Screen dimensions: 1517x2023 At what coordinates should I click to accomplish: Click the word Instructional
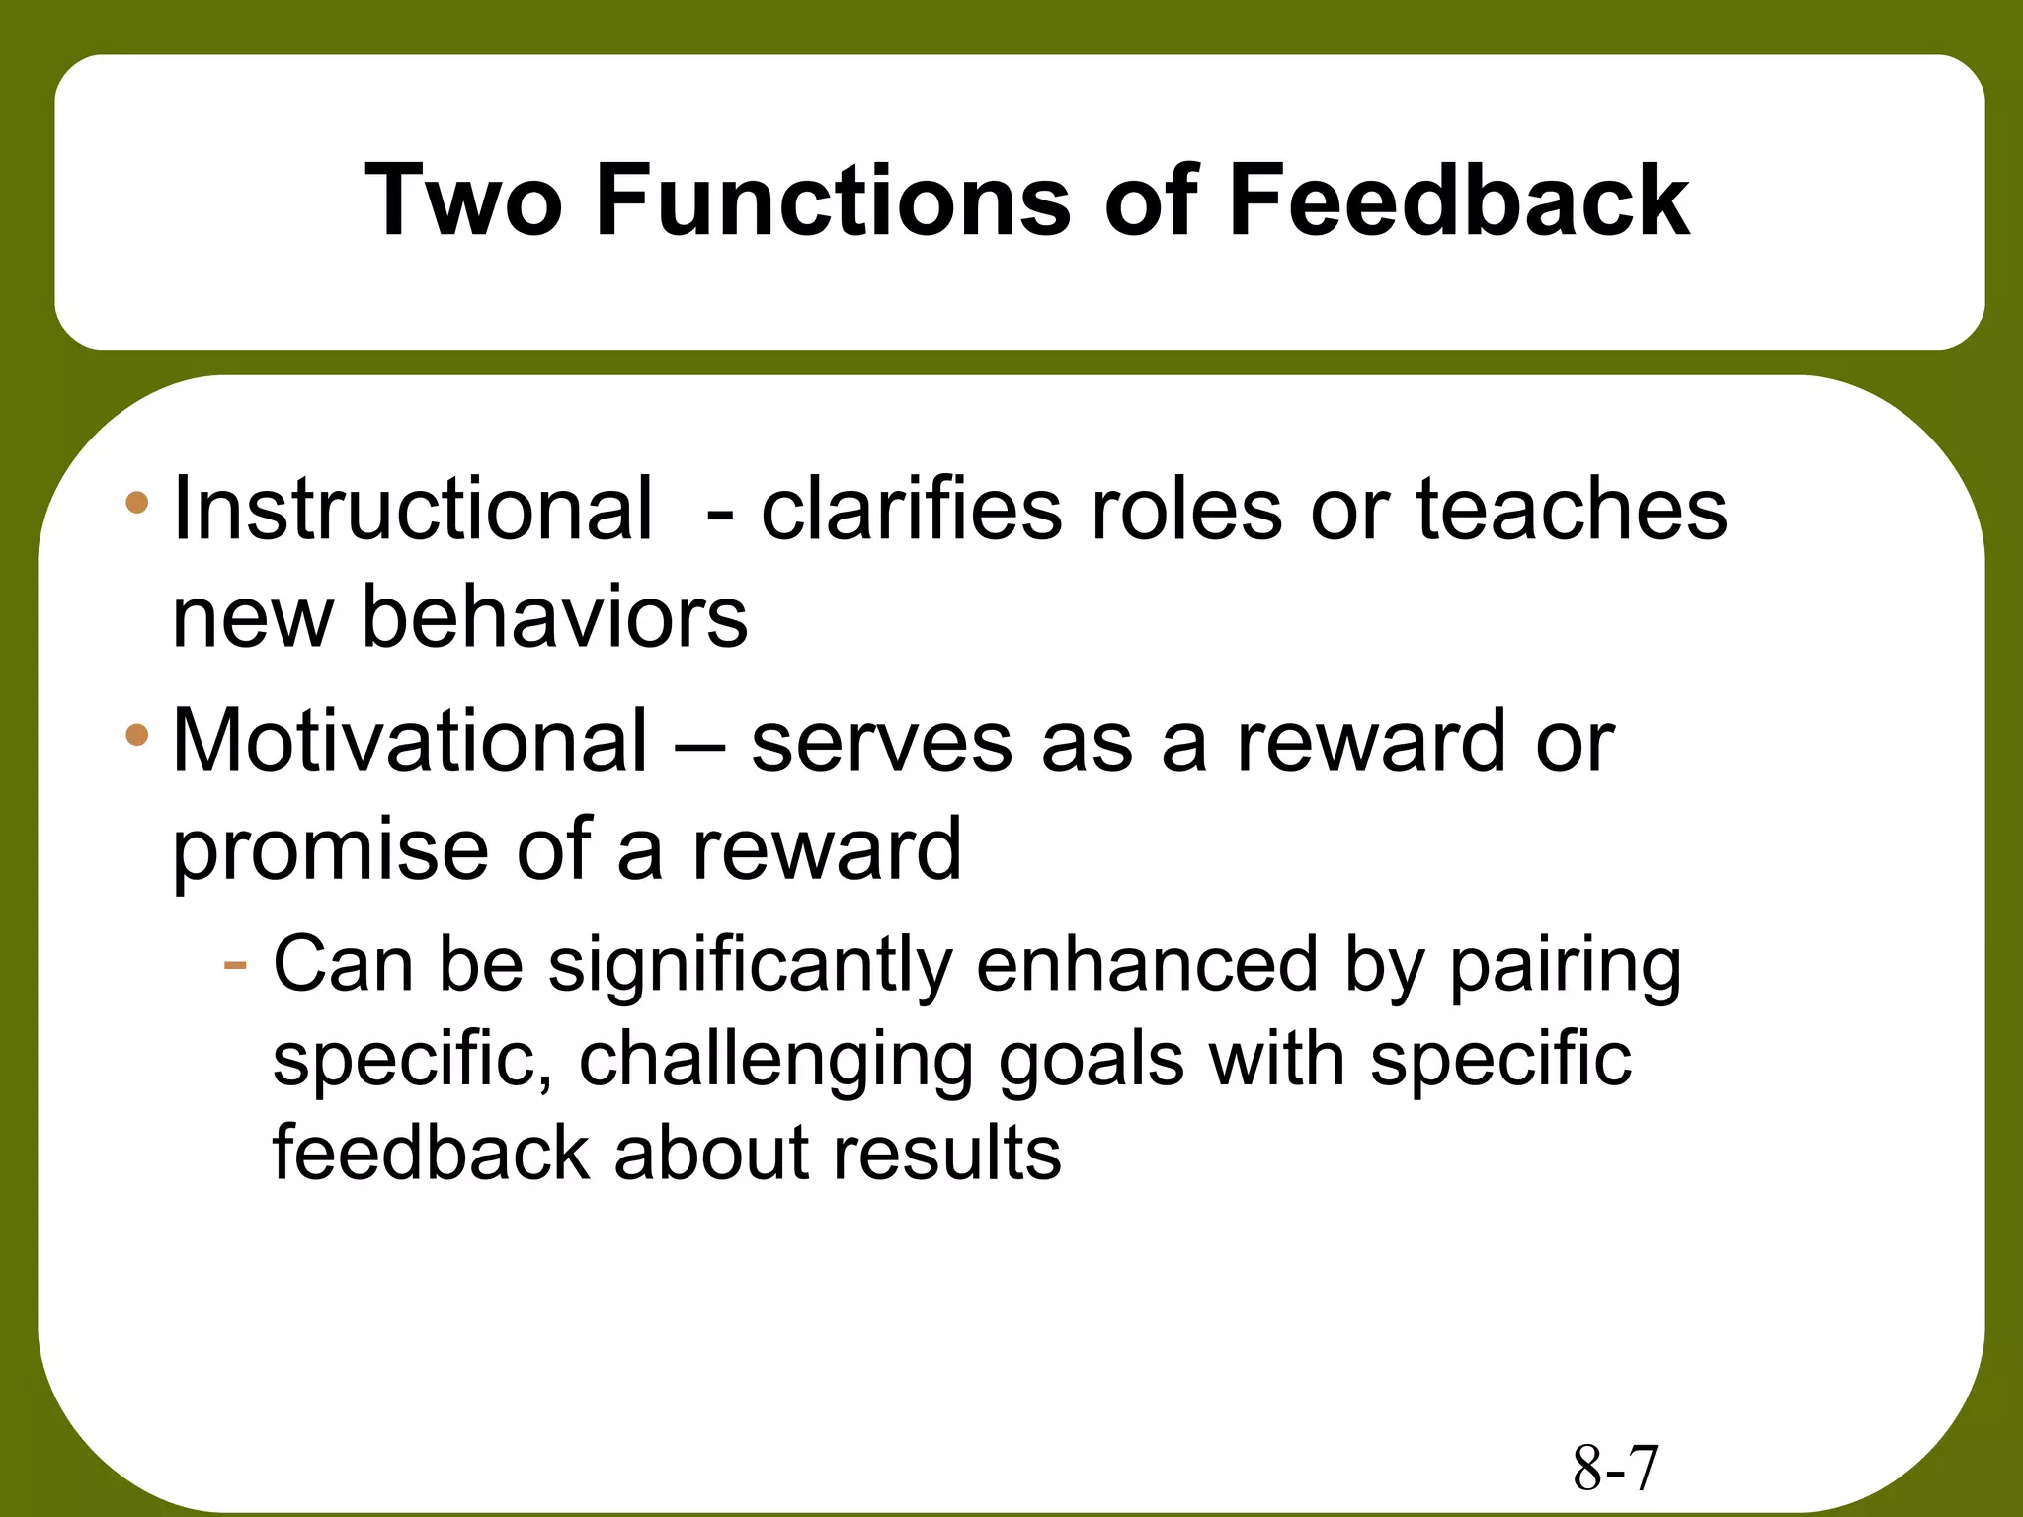pos(412,509)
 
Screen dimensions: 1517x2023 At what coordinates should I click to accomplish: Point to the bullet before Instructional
pos(137,503)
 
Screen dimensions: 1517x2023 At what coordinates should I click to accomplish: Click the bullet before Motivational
pos(137,735)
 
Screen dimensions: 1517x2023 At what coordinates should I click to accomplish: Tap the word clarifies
pos(911,509)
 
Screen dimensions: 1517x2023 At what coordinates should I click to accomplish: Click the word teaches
pos(1572,509)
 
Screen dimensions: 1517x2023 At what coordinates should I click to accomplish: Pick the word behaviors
pos(554,617)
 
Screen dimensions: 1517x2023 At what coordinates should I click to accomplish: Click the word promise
pos(330,851)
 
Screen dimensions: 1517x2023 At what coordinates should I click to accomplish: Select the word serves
pos(881,743)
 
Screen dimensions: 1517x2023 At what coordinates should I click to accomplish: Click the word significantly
pos(750,966)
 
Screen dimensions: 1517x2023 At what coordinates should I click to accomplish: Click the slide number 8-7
pos(1615,1469)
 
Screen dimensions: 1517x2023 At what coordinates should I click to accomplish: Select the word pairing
pos(1565,966)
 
